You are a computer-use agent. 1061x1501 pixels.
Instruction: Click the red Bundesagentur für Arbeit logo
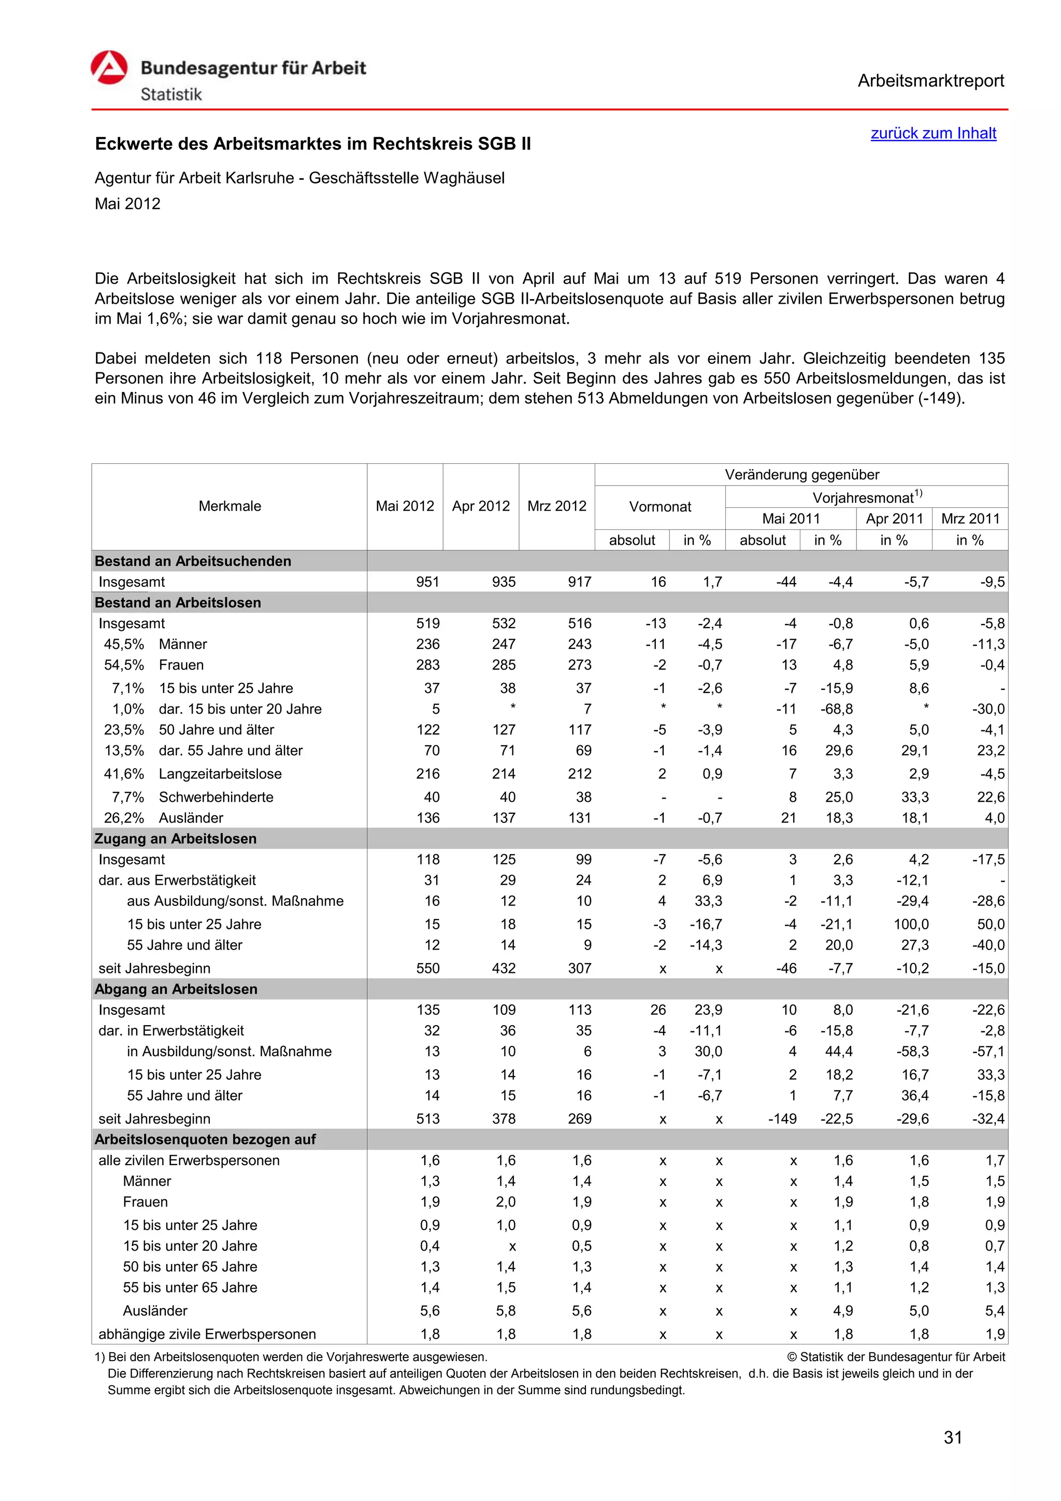(109, 68)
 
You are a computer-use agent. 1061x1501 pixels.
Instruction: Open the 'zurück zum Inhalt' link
(933, 133)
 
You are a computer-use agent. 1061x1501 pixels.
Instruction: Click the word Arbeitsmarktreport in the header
(930, 81)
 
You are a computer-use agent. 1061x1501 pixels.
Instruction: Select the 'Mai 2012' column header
(405, 506)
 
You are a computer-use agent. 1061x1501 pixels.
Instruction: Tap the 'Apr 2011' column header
(894, 518)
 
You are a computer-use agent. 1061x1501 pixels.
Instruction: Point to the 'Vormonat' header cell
(660, 507)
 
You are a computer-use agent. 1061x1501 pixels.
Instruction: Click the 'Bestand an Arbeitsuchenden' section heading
(193, 561)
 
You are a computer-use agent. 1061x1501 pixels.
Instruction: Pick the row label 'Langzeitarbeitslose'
(220, 774)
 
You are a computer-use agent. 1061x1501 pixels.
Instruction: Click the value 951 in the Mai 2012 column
(428, 582)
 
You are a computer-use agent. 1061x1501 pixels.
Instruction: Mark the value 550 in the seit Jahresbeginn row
(428, 968)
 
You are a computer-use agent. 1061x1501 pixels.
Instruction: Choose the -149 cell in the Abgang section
(782, 1118)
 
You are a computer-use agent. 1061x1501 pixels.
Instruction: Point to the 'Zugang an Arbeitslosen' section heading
(176, 839)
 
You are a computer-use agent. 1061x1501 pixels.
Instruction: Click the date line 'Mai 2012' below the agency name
(127, 204)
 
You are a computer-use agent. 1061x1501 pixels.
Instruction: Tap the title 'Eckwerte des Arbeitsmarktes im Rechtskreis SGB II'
(313, 144)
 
